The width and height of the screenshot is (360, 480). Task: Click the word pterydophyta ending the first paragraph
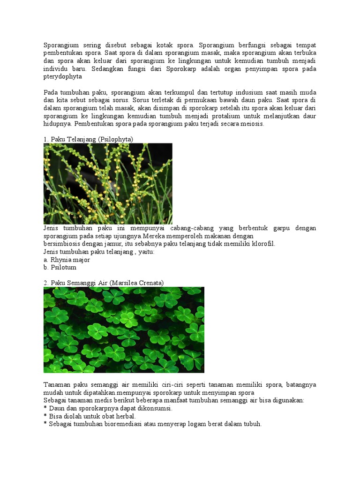63,76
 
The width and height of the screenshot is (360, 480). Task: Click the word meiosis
252,124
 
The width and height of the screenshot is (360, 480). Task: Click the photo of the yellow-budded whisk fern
108,184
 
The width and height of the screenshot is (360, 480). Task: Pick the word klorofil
264,244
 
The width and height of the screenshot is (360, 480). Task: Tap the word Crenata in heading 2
150,283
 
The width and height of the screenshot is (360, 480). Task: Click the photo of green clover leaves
124,330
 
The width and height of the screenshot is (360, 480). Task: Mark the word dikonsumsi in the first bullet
155,408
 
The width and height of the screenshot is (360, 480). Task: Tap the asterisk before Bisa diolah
45,416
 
